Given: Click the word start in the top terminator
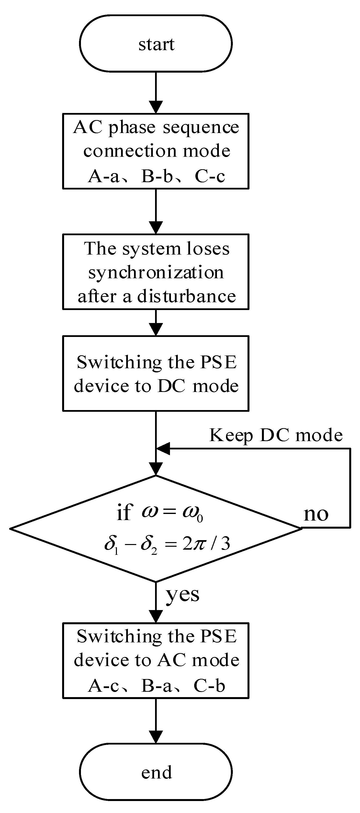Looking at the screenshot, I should [x=156, y=45].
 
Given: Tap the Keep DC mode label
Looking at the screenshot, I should [x=276, y=435].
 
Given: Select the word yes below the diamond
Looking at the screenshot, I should [x=182, y=595].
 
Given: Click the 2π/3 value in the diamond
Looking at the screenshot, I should [x=206, y=544].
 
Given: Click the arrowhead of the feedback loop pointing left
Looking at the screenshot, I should [x=163, y=448].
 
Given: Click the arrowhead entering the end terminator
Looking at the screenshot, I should [x=156, y=737].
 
